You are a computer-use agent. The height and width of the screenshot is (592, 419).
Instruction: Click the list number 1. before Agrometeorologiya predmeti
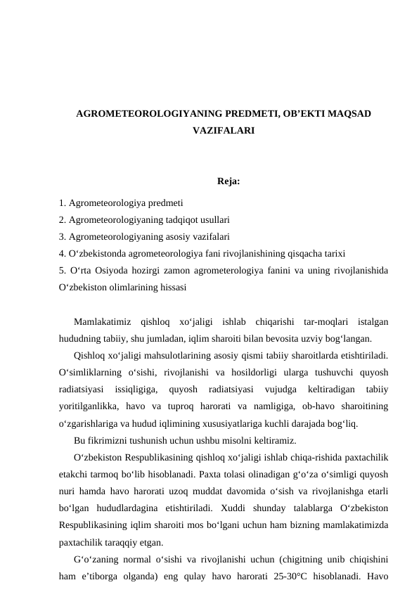point(63,204)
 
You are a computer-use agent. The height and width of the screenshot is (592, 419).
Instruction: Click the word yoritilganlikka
point(89,405)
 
